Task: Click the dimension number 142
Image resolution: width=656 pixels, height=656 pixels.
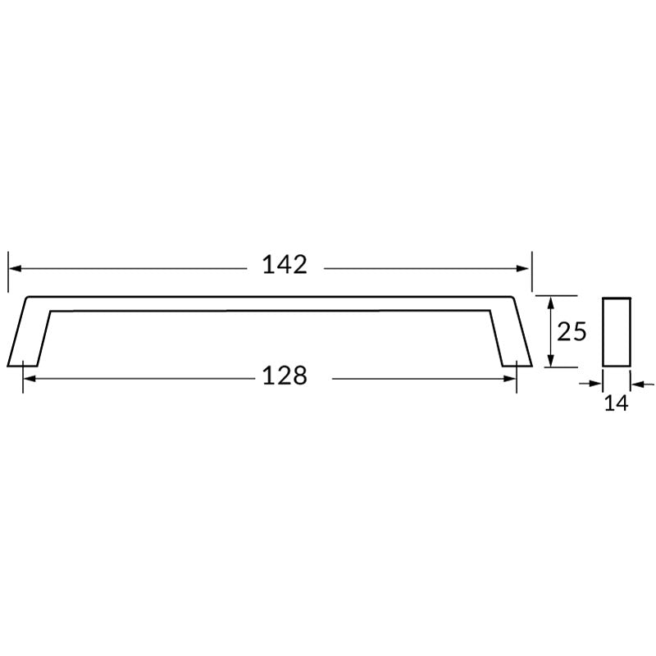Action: click(284, 265)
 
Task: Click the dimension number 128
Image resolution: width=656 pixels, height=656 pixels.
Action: click(284, 376)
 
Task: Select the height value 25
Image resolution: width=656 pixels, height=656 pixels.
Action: click(572, 331)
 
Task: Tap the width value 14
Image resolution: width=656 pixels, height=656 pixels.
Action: click(616, 403)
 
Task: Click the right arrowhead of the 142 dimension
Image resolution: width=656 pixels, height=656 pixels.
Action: click(526, 268)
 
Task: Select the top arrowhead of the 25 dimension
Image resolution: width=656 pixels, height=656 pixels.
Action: click(552, 301)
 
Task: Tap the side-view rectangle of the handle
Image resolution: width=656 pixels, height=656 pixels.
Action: click(616, 331)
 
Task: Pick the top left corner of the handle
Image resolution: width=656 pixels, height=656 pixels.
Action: click(29, 298)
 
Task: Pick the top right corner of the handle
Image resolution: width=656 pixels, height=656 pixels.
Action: click(512, 298)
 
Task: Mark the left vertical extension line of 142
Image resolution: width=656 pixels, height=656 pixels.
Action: click(8, 271)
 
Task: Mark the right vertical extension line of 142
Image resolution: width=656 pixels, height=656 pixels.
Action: click(532, 271)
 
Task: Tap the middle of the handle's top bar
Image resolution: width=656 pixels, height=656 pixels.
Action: click(271, 303)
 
